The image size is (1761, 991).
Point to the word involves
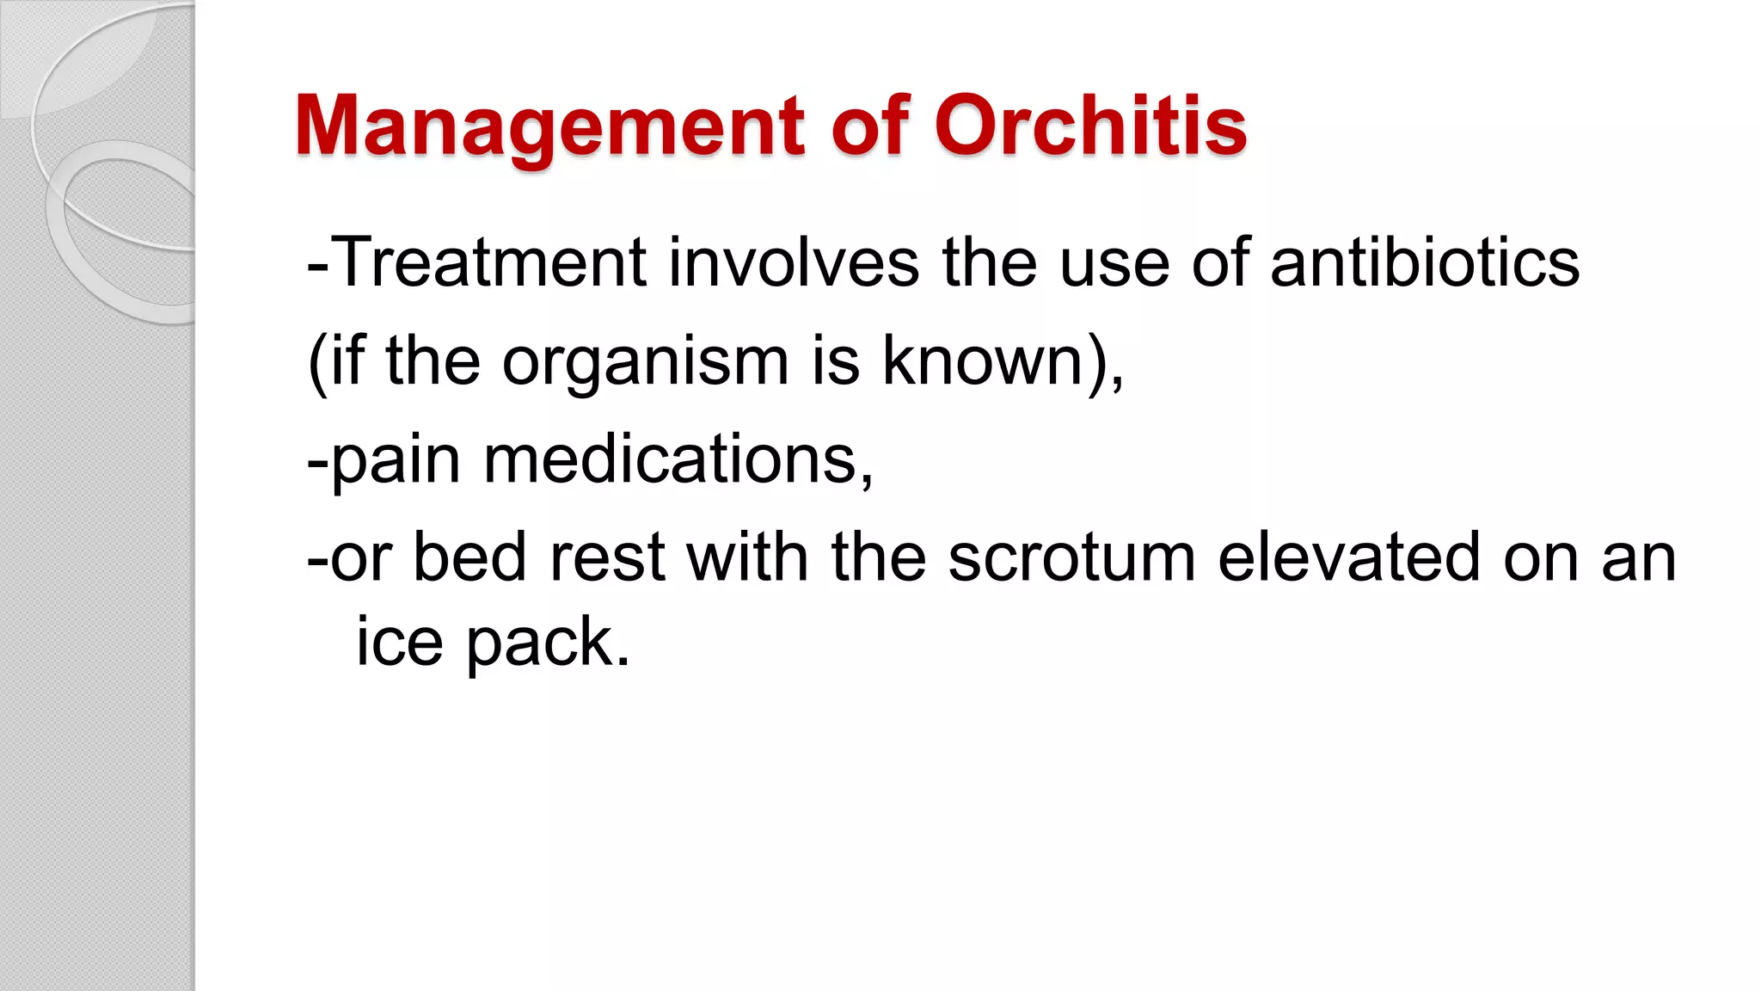pyautogui.click(x=794, y=262)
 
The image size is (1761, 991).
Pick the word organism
pyautogui.click(x=645, y=361)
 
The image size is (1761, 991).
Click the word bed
pyautogui.click(x=469, y=557)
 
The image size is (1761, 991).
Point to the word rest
pyautogui.click(x=607, y=558)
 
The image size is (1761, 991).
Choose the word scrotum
pyautogui.click(x=1071, y=558)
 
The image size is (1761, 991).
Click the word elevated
pyautogui.click(x=1349, y=557)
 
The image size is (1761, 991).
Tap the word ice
pyautogui.click(x=399, y=642)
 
